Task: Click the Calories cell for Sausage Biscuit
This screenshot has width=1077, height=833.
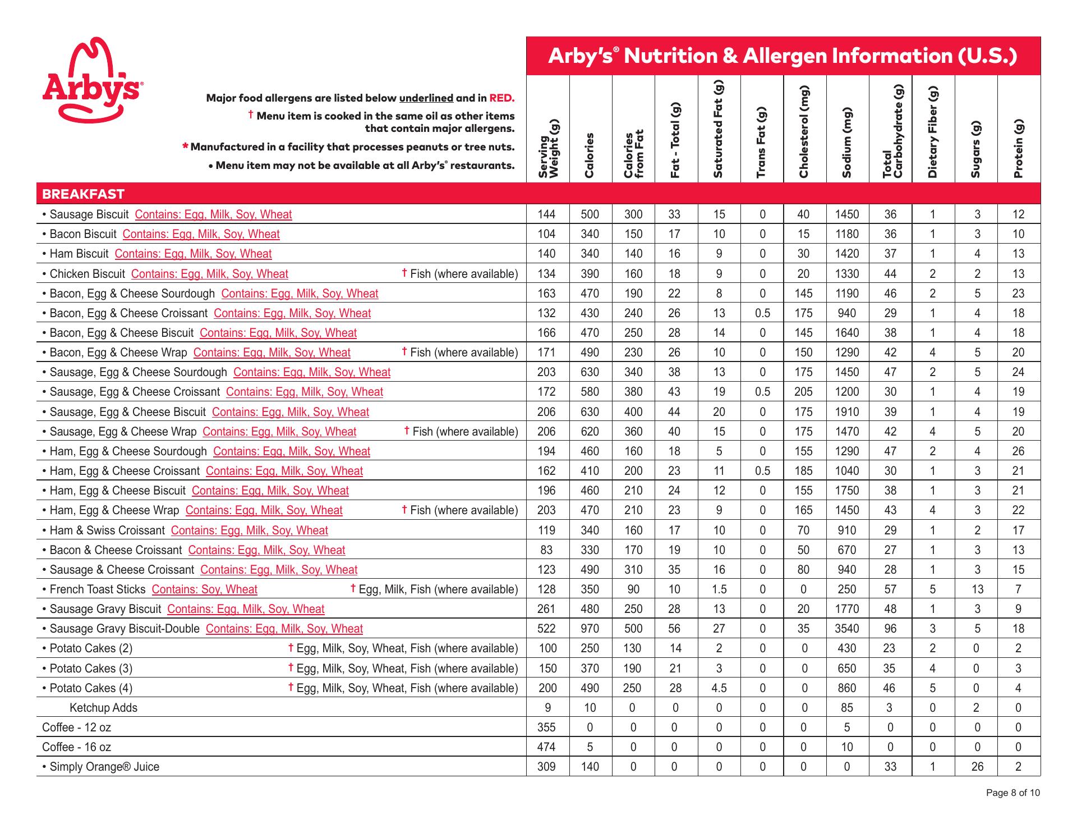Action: point(590,214)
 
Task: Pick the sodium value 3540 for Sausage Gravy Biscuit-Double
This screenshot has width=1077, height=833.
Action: point(846,629)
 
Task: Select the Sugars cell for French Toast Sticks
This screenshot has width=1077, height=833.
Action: point(977,589)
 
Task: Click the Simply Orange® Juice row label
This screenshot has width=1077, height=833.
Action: point(104,767)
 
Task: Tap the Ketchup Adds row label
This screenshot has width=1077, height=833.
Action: point(103,708)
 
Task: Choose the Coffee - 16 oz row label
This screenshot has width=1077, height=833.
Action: point(76,747)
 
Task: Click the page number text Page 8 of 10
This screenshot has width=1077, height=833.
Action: point(1013,793)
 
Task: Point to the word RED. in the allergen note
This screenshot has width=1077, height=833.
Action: point(501,98)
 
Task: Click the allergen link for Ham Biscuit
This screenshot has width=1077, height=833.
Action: point(193,254)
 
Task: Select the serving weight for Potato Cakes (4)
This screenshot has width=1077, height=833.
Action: point(547,688)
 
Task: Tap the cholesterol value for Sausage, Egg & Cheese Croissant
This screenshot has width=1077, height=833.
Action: point(803,392)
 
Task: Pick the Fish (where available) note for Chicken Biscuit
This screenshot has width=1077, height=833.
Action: point(460,274)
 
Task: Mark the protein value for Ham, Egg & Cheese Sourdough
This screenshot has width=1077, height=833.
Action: point(1018,451)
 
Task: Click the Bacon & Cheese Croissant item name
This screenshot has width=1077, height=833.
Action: point(116,550)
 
